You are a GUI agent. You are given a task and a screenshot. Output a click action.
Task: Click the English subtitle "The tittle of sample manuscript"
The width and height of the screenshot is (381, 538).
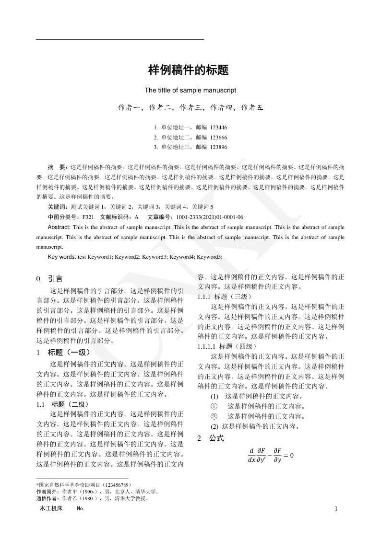(190, 90)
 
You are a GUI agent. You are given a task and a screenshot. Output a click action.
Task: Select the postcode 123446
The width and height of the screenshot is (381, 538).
(218, 128)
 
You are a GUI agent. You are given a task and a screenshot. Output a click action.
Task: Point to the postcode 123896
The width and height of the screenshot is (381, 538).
(218, 147)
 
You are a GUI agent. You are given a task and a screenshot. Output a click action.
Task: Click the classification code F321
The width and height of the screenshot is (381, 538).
(88, 217)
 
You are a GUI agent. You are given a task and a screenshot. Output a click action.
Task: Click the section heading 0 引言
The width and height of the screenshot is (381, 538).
(49, 278)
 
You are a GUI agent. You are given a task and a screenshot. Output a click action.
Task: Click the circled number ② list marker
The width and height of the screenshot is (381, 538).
(214, 416)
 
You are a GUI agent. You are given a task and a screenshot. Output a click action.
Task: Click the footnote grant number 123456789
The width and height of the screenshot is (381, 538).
(112, 485)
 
